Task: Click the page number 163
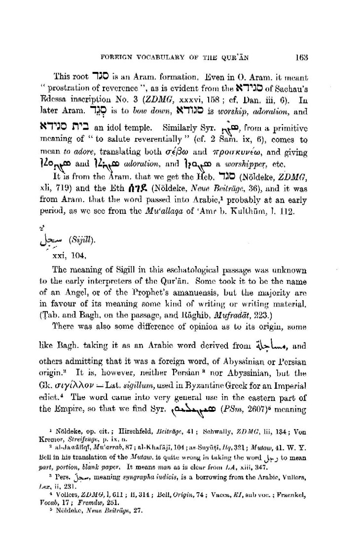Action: (x=302, y=57)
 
